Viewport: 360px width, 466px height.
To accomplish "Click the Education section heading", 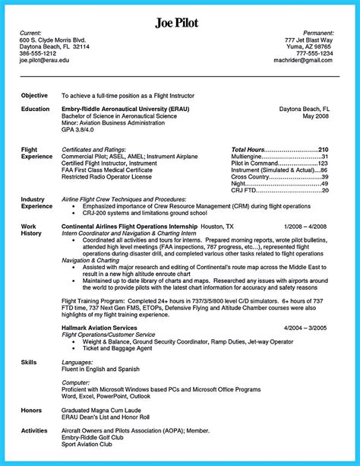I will (36, 109).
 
